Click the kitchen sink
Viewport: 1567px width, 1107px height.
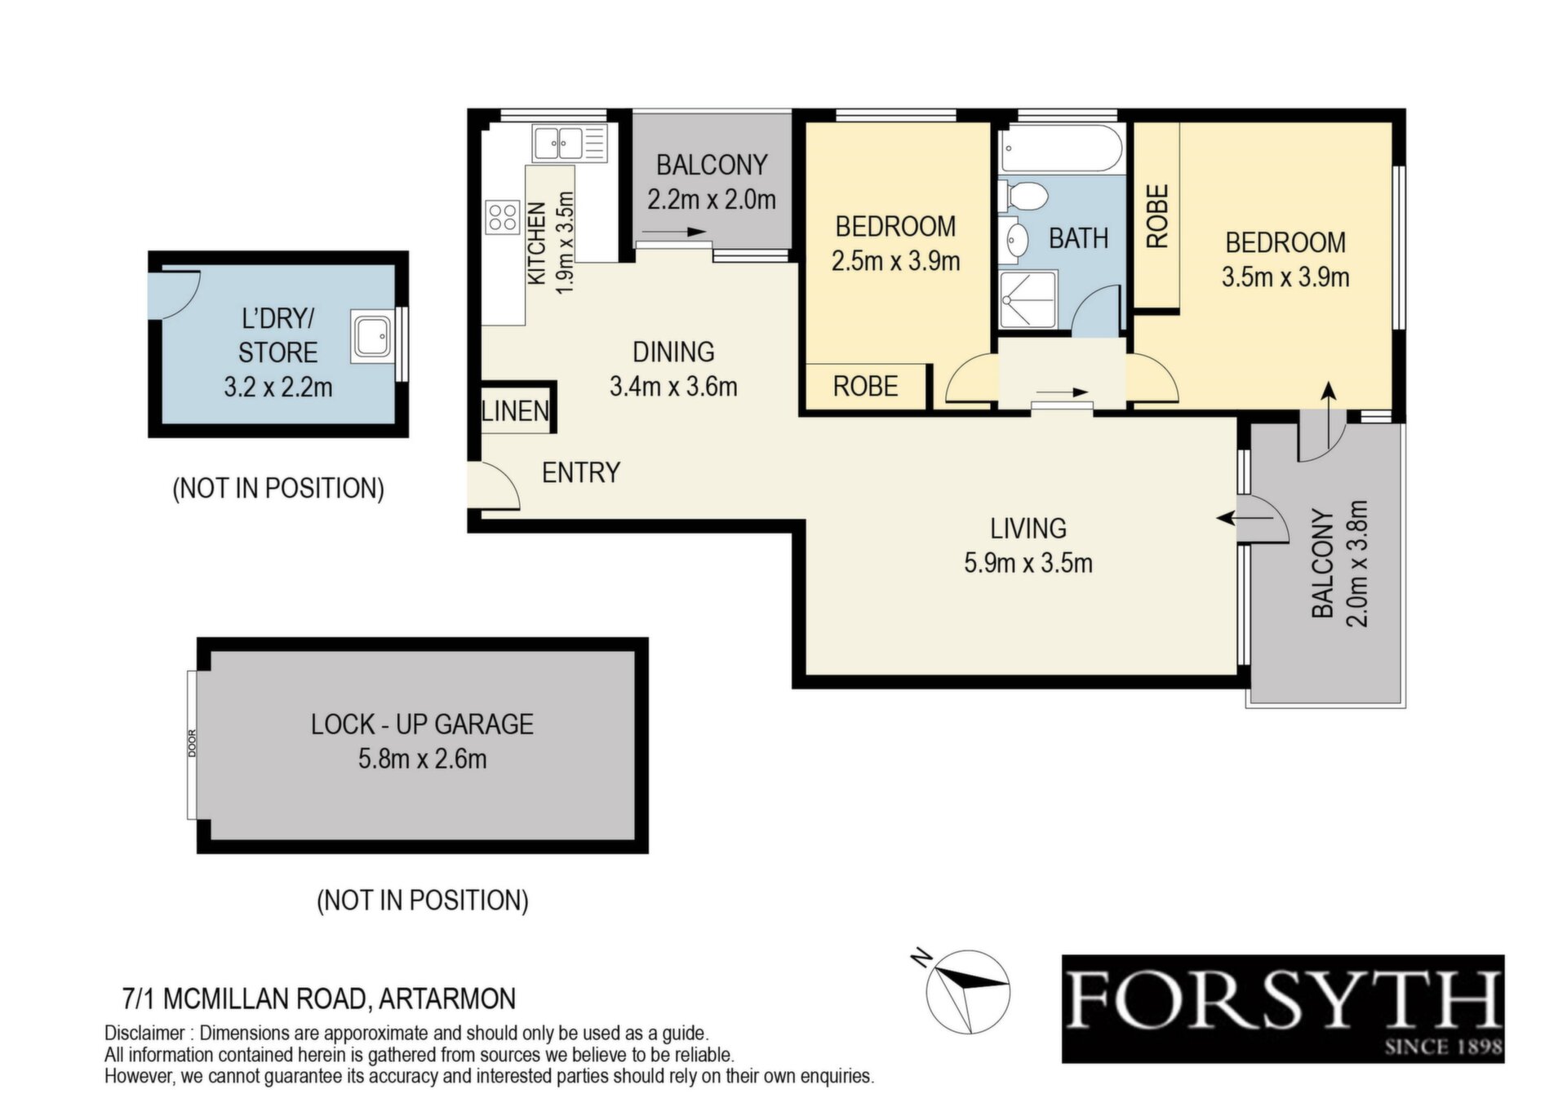point(570,144)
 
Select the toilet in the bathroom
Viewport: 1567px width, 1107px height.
point(1024,196)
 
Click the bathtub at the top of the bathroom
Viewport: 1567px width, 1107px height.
point(1061,148)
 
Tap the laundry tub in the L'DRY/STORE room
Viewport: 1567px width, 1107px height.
point(375,335)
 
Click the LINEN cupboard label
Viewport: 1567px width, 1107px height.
point(515,410)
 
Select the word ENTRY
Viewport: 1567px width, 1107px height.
point(581,472)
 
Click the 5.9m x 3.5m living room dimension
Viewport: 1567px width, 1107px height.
point(1028,563)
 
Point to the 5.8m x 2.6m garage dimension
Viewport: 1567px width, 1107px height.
point(423,759)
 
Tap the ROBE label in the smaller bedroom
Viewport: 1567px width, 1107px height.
point(865,386)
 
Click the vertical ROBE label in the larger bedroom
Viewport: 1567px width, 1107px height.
point(1157,215)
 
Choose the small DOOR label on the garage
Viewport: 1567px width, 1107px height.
point(193,742)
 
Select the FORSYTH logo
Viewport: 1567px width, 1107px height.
point(1283,1008)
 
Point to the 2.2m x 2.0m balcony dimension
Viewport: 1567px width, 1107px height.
point(712,200)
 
